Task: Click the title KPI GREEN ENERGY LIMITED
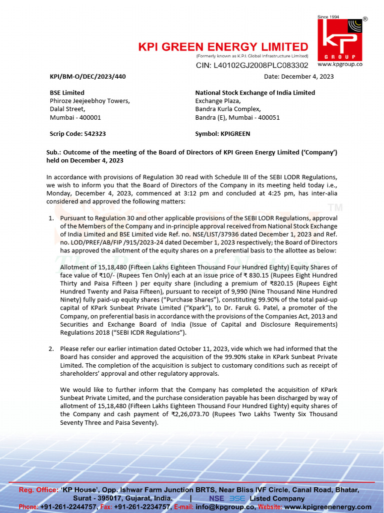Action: click(x=223, y=47)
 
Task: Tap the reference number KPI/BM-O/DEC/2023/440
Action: click(x=87, y=77)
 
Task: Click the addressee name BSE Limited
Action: click(x=67, y=93)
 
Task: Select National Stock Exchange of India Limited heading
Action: click(x=255, y=93)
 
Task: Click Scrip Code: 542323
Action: click(x=77, y=134)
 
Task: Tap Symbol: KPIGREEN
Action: click(x=222, y=134)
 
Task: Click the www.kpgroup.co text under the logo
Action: click(x=340, y=64)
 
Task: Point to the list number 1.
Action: click(x=51, y=218)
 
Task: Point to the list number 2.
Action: click(x=51, y=349)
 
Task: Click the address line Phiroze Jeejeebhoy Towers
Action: click(x=89, y=101)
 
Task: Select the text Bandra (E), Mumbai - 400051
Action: click(x=237, y=117)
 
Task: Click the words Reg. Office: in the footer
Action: click(x=38, y=489)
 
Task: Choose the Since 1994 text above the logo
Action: click(x=328, y=17)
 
